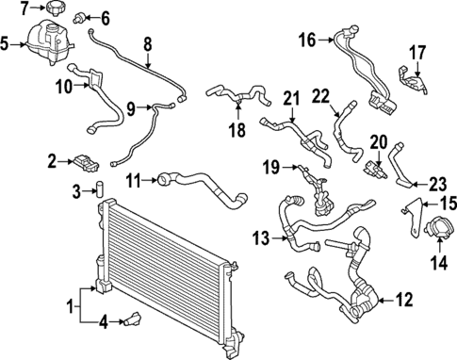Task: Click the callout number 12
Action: click(x=403, y=302)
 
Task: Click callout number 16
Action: click(x=306, y=40)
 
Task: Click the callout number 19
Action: click(x=269, y=167)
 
